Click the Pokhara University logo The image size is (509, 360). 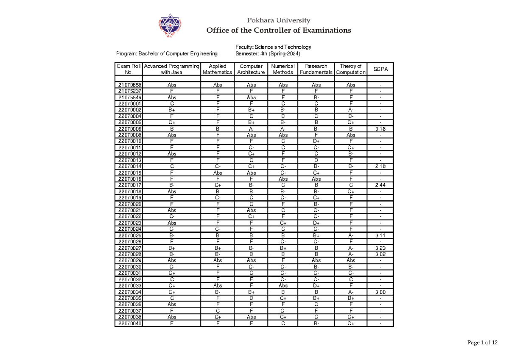click(170, 26)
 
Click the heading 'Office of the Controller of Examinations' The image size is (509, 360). click(278, 30)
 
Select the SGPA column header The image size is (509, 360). click(380, 69)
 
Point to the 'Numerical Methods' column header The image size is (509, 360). click(283, 69)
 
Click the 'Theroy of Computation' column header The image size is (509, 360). click(351, 69)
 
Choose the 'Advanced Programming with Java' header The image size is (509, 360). click(171, 69)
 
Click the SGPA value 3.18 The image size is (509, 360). click(380, 129)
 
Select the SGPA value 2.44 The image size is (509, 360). click(380, 185)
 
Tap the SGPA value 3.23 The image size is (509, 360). click(380, 248)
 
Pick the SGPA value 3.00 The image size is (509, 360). click(380, 292)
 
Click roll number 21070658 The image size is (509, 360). click(130, 85)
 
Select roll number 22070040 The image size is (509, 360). click(130, 324)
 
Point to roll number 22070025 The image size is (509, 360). click(130, 235)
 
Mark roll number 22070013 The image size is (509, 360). click(130, 160)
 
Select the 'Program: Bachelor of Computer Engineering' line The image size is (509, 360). click(167, 54)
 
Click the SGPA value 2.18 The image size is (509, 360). click(380, 167)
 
